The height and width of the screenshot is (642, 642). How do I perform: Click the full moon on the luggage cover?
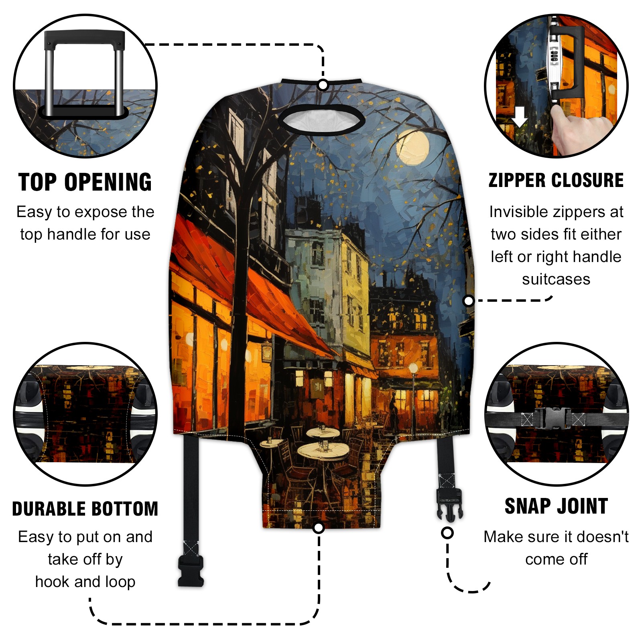pyautogui.click(x=412, y=147)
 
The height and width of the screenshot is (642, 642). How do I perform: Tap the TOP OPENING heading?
pyautogui.click(x=85, y=183)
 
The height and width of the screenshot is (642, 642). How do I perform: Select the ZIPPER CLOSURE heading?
pyautogui.click(x=556, y=180)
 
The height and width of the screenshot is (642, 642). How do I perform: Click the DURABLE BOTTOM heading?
pyautogui.click(x=85, y=509)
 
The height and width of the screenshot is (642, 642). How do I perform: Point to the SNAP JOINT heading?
pyautogui.click(x=556, y=506)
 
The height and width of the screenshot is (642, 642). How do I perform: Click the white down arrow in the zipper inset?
pyautogui.click(x=520, y=116)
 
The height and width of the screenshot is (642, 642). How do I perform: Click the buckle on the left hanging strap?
pyautogui.click(x=191, y=571)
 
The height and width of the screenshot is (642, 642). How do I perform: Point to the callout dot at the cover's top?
pyautogui.click(x=323, y=85)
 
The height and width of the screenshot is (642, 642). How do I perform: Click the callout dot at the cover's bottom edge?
pyautogui.click(x=319, y=528)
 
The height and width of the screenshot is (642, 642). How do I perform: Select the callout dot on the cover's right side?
pyautogui.click(x=468, y=301)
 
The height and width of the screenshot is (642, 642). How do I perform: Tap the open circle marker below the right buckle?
pyautogui.click(x=447, y=533)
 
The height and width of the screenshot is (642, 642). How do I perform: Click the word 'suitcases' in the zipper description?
pyautogui.click(x=556, y=279)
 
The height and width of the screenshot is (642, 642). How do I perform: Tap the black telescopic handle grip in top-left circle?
pyautogui.click(x=84, y=40)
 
